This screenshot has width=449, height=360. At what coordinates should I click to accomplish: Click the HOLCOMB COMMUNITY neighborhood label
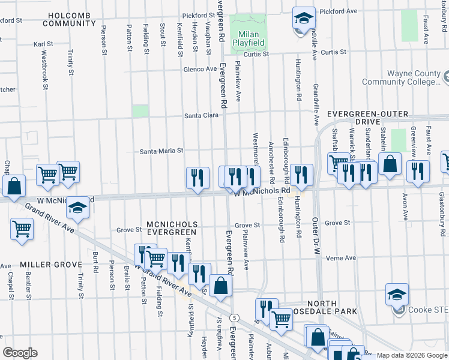click(x=69, y=19)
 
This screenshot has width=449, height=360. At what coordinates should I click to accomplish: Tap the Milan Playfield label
click(x=249, y=39)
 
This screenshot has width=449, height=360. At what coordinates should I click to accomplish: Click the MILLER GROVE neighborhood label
click(x=42, y=265)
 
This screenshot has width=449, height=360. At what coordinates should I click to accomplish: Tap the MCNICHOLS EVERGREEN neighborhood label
click(x=171, y=228)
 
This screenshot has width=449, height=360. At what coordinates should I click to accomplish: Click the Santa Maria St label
click(x=161, y=151)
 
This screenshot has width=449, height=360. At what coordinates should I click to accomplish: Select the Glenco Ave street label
click(x=200, y=69)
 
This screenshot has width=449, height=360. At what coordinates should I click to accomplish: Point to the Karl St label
click(x=43, y=44)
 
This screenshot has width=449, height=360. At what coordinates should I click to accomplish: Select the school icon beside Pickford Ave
click(x=304, y=18)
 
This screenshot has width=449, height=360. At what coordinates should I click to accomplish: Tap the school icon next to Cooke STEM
click(x=397, y=294)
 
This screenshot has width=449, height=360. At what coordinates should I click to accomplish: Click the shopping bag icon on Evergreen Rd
click(x=221, y=287)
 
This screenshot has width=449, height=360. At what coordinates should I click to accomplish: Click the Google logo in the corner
click(x=20, y=352)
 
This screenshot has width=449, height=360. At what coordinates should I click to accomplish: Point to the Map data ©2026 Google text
click(x=411, y=355)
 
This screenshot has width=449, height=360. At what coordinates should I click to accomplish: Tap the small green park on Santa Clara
click(x=140, y=111)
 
